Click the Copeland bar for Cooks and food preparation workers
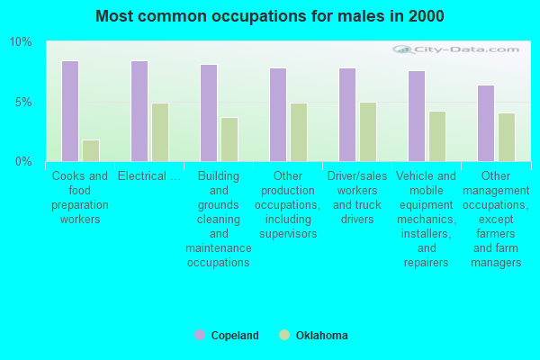click(70, 111)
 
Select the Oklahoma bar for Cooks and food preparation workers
click(91, 150)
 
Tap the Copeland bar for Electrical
click(139, 111)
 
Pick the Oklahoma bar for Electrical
click(160, 131)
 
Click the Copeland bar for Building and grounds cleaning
click(209, 112)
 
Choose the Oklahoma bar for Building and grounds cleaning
click(229, 139)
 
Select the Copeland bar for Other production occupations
click(278, 114)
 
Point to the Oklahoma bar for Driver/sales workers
click(368, 131)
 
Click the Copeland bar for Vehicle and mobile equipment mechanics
click(417, 115)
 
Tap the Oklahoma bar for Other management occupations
click(507, 137)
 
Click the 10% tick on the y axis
click(21, 42)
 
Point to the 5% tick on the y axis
click(23, 102)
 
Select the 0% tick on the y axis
click(23, 161)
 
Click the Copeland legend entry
click(227, 336)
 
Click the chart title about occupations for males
click(270, 16)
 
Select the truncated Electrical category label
click(148, 176)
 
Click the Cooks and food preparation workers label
click(80, 197)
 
